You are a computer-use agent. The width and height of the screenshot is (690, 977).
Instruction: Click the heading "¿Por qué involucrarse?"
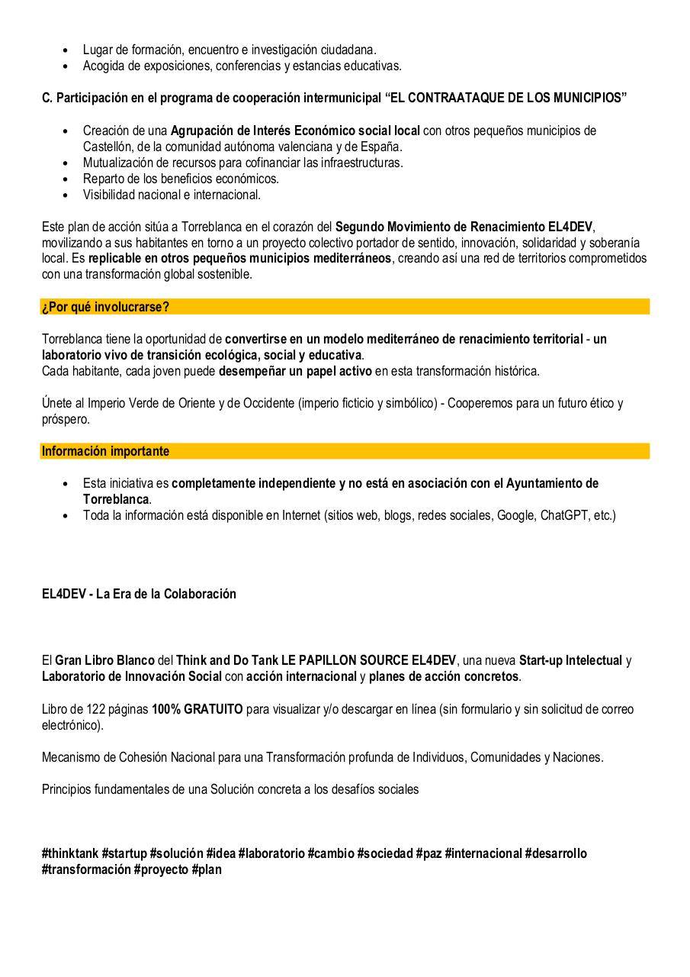(105, 307)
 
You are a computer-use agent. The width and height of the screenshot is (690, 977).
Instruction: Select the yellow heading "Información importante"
(105, 451)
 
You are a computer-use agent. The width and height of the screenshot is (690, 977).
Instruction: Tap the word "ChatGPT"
(565, 515)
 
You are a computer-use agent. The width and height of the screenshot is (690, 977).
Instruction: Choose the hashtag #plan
(207, 869)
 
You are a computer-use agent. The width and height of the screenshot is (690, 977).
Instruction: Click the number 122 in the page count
(87, 709)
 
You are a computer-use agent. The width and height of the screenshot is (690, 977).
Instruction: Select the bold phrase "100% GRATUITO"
(197, 709)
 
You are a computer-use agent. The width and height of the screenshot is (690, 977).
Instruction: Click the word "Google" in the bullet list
(516, 515)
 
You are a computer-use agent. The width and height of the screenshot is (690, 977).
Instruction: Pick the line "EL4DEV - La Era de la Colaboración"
(139, 594)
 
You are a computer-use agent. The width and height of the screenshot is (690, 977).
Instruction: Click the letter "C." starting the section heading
(47, 98)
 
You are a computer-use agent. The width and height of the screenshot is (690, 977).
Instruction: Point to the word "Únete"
(58, 402)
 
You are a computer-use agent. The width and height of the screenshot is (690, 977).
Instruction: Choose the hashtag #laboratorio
(271, 853)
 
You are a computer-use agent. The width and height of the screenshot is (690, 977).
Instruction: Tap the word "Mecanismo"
(71, 757)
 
